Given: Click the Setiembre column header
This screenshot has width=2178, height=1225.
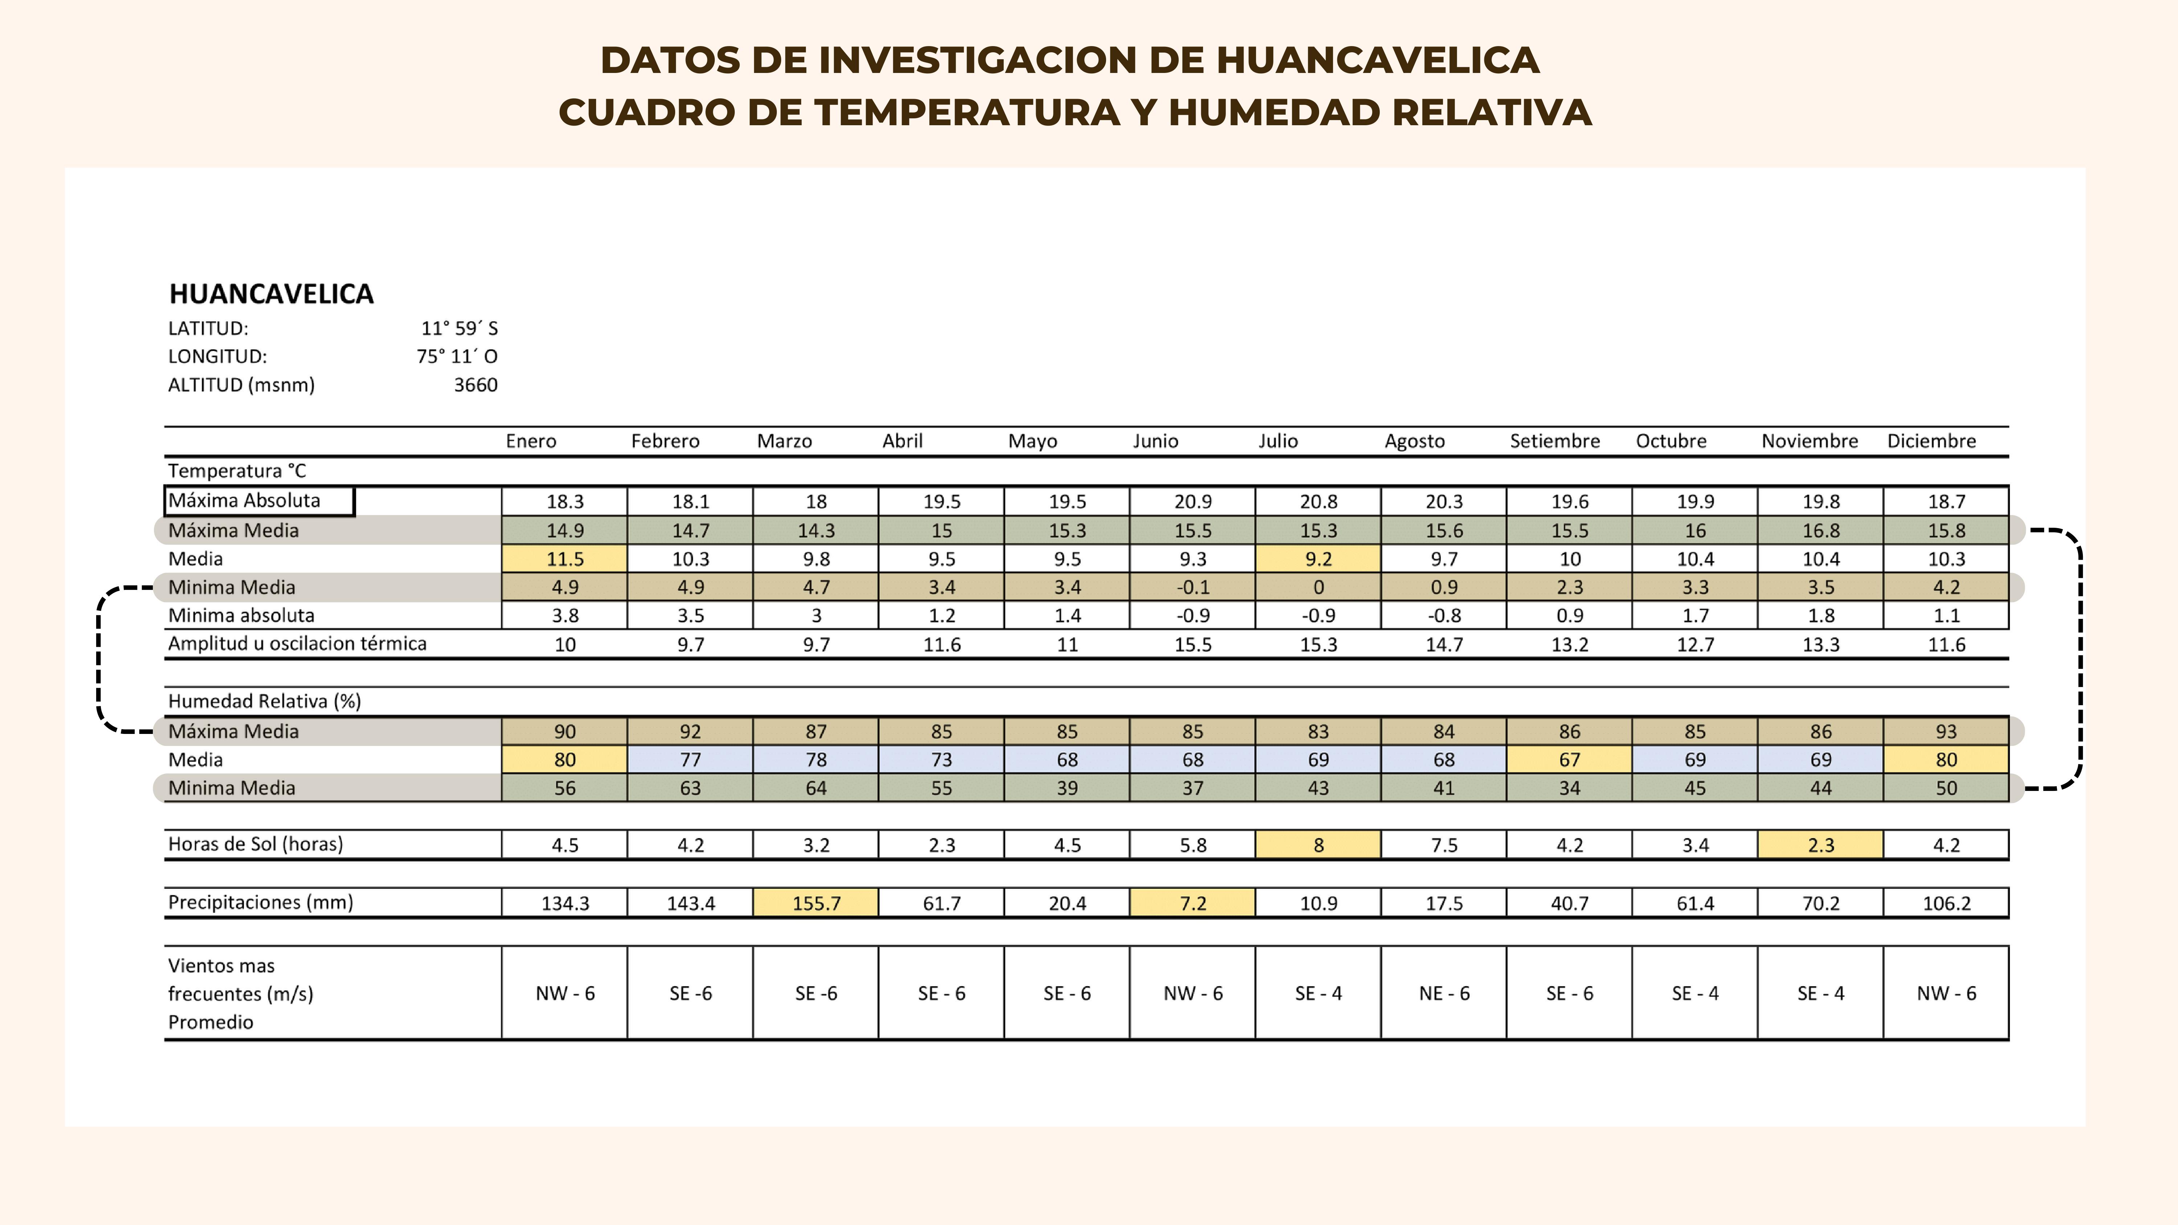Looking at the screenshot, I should tap(1554, 441).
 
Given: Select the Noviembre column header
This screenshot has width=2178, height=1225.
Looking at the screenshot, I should tap(1809, 441).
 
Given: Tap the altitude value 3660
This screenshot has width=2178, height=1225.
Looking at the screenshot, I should tap(475, 385).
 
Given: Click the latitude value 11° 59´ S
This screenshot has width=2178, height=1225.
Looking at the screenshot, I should tap(459, 329).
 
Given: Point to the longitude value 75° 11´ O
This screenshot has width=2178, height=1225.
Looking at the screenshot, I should tap(457, 357).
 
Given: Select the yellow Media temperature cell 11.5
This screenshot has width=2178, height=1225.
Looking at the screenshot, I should tap(565, 559).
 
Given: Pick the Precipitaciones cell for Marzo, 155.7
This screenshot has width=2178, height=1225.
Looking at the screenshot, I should tap(816, 903).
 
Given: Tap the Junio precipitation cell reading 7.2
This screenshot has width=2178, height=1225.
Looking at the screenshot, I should tap(1192, 903).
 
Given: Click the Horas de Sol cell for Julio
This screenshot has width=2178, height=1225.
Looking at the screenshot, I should tap(1318, 845).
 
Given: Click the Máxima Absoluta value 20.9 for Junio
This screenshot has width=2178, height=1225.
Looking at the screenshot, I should tap(1192, 501).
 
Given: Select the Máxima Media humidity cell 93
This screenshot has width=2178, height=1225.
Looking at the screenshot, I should tap(1945, 731).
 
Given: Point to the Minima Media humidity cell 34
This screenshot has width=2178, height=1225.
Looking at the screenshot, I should tap(1569, 788).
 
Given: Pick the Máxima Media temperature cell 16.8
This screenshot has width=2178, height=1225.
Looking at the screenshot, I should tap(1820, 531).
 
